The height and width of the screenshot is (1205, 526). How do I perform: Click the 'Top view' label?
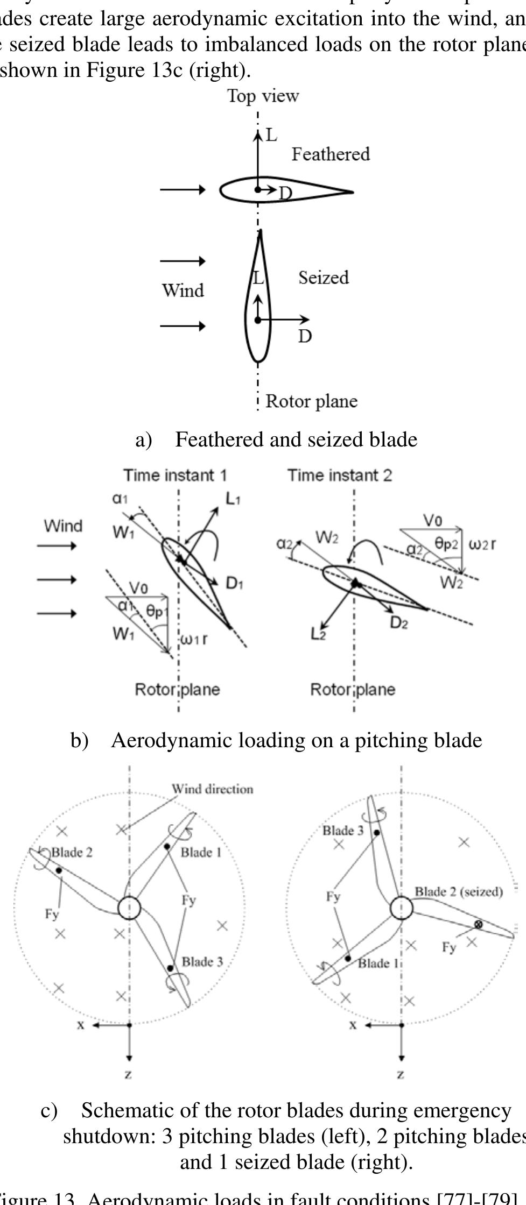tap(263, 96)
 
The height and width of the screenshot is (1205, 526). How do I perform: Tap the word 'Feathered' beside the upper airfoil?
tap(331, 154)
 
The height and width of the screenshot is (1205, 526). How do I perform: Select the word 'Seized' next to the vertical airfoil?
tap(324, 278)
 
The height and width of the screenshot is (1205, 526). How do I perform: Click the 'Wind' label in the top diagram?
tap(183, 290)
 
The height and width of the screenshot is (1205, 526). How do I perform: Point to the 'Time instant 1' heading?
tap(176, 476)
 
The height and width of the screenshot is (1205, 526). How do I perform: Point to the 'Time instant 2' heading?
tap(340, 476)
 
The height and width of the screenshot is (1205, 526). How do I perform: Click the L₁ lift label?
tap(233, 499)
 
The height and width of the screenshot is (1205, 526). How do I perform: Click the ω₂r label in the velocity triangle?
tap(482, 544)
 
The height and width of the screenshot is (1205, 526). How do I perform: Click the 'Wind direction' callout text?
tap(212, 789)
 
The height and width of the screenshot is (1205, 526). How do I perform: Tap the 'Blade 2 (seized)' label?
tap(459, 892)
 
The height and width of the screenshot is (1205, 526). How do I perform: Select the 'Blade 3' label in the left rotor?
tap(202, 962)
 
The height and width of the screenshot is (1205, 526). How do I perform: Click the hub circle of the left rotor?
tap(129, 908)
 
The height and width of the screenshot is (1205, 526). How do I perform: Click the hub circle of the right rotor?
tap(402, 908)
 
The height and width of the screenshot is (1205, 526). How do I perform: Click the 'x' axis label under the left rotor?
tap(81, 1025)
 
